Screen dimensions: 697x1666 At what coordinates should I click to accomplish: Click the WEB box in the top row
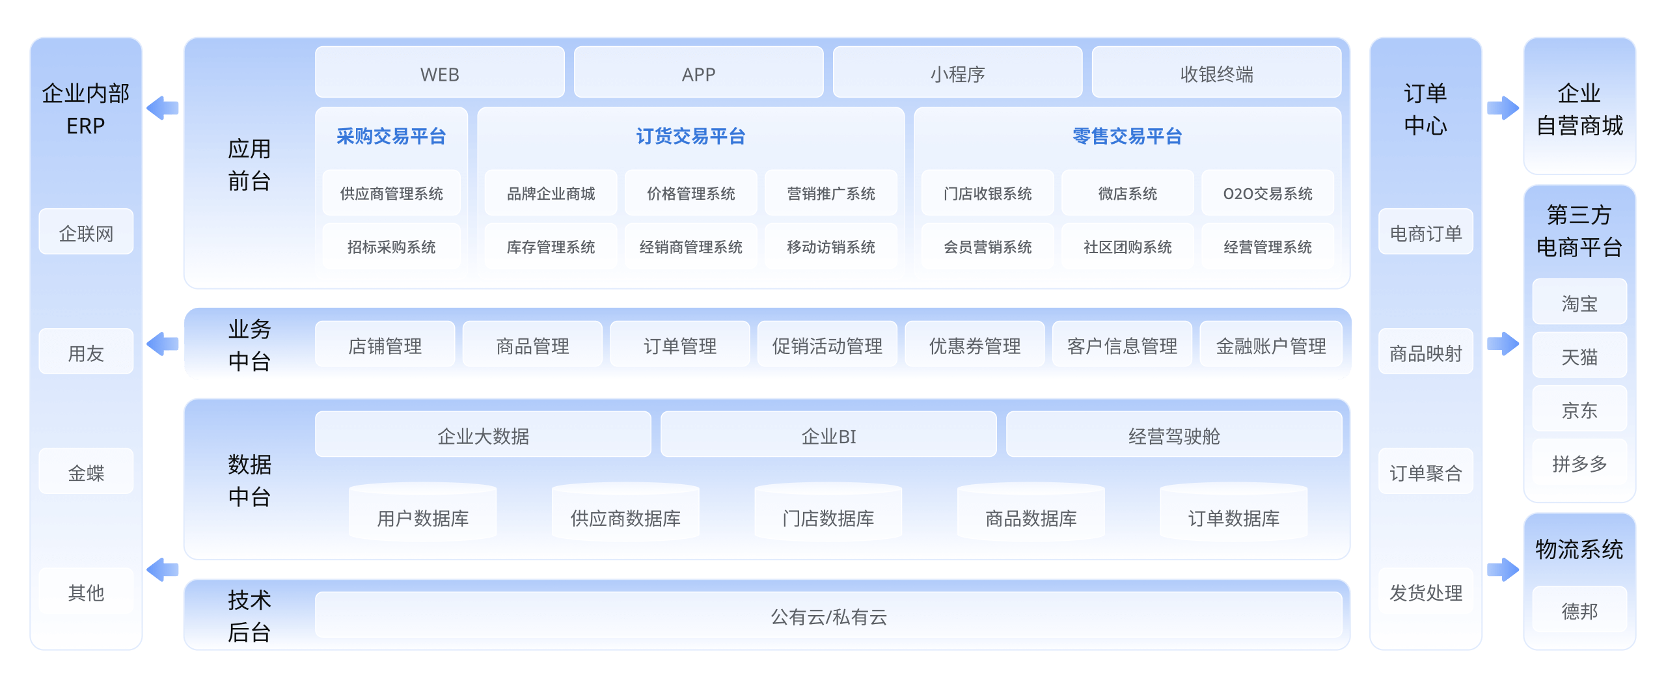(x=439, y=74)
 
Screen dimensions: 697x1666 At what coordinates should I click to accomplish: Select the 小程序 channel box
(x=957, y=74)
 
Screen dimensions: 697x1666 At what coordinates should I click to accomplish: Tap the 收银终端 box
(x=1216, y=74)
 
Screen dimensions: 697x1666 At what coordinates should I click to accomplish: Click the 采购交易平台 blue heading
(x=391, y=136)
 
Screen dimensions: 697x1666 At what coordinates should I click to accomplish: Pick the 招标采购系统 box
(x=391, y=247)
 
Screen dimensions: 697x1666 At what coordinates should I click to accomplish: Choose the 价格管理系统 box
(x=690, y=193)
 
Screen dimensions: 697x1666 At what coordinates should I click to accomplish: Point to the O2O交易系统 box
(x=1267, y=193)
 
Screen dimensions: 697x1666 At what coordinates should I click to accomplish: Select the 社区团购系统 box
(x=1127, y=247)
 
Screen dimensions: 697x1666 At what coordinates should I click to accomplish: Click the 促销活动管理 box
(x=827, y=346)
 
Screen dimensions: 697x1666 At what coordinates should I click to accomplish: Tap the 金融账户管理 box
(x=1270, y=346)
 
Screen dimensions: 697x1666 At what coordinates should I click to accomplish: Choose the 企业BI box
(x=828, y=435)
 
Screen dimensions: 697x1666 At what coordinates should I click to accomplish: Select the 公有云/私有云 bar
(x=828, y=616)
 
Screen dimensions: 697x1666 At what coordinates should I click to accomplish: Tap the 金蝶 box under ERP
(x=86, y=472)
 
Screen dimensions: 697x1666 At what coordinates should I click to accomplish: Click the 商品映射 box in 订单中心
(x=1425, y=353)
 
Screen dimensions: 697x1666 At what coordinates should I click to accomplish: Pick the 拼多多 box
(x=1579, y=463)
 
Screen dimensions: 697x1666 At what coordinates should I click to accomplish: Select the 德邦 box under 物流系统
(x=1579, y=610)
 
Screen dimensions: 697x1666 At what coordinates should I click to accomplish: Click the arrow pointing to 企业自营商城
(x=1503, y=108)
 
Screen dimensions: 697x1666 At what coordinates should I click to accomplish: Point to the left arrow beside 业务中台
(x=163, y=344)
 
